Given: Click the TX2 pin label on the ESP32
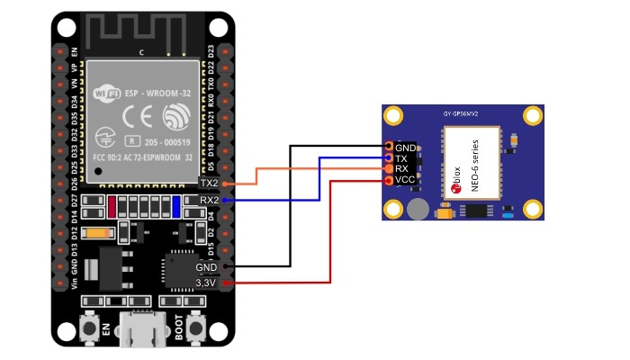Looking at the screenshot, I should [x=209, y=183].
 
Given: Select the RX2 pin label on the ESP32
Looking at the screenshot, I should [x=209, y=200].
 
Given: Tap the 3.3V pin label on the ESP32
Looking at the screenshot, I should [x=206, y=283].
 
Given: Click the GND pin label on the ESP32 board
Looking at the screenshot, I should [x=206, y=267].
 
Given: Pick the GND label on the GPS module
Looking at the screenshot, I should [x=406, y=147].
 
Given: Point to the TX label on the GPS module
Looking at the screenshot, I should [x=401, y=158].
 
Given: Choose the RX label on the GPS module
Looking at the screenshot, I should [x=402, y=169].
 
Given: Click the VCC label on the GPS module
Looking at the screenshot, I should [x=405, y=180].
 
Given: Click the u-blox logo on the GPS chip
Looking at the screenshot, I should [x=454, y=187].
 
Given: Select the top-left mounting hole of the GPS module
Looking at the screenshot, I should [x=393, y=116].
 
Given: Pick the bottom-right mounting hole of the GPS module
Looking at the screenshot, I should [x=533, y=209].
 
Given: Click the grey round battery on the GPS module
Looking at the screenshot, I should [x=417, y=210].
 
